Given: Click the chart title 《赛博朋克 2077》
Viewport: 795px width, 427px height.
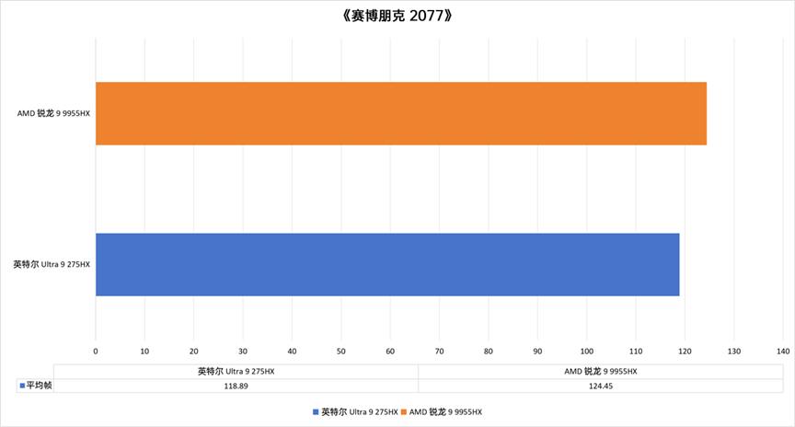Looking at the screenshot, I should tap(397, 16).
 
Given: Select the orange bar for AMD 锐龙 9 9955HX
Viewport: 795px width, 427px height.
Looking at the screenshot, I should tap(400, 113).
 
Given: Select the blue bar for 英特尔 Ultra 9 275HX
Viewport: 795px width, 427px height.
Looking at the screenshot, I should tap(386, 264).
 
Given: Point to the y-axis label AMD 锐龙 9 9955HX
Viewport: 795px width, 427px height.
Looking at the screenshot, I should tap(53, 113).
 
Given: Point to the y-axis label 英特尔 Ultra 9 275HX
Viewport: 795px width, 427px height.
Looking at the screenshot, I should tap(52, 264).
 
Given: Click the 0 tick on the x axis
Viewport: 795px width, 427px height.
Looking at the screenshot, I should tap(96, 351).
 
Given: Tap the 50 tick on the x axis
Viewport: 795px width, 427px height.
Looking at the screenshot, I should tap(341, 351).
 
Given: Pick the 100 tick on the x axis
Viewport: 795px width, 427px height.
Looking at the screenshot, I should tap(586, 351).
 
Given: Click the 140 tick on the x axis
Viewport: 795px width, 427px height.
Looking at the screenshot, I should tap(783, 351).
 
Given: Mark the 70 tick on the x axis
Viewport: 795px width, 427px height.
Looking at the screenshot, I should tap(439, 351).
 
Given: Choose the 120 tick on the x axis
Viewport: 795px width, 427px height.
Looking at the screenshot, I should tap(685, 351).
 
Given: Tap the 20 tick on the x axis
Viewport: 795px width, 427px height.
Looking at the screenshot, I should tap(194, 351).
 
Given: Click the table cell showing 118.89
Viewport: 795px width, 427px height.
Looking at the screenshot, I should tap(236, 387).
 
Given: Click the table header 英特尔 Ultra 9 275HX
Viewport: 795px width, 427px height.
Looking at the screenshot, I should tap(236, 372).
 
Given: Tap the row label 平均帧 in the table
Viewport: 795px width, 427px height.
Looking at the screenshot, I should tap(37, 387).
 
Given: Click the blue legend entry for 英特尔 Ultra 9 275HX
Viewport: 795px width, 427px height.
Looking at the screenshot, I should tap(355, 411).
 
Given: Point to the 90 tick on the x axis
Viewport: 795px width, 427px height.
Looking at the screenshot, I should tap(537, 351).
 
